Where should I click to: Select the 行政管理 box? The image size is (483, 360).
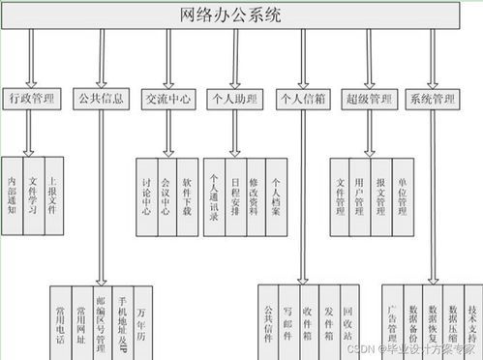point(33,98)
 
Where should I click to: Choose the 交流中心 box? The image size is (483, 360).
point(168,98)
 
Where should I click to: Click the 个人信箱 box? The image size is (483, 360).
point(302,98)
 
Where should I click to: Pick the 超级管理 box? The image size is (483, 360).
point(369,98)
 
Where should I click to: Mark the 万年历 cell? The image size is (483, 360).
point(143,319)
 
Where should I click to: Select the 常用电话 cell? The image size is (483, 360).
point(60,319)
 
